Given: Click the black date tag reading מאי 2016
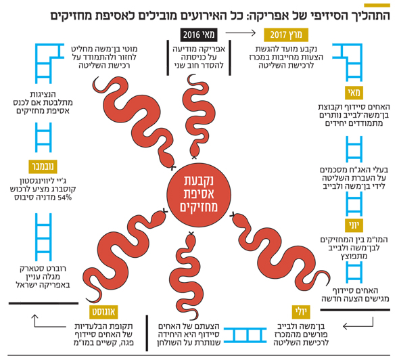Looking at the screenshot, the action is [x=199, y=35].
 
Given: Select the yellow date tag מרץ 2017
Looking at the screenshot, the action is [x=286, y=35].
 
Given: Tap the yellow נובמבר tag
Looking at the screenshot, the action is [x=43, y=166].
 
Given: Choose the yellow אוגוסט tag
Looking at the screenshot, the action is [x=103, y=312].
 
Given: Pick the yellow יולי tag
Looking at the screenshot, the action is [x=302, y=312].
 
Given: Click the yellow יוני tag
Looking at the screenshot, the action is [x=354, y=225].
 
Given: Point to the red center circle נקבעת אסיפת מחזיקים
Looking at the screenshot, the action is [x=199, y=195].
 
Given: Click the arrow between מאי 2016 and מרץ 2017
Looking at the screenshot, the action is [x=240, y=33].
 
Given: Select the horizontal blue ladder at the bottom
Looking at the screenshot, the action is [x=245, y=335].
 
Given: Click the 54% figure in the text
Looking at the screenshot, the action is [x=64, y=198].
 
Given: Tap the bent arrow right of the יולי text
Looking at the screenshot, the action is [x=358, y=323].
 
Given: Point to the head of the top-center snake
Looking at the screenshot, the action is [x=195, y=151].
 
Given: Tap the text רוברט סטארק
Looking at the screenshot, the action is [x=43, y=269].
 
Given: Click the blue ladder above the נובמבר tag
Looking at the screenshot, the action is [x=43, y=137].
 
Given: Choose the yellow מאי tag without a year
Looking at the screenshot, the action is [x=354, y=93].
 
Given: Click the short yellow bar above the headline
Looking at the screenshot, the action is [x=377, y=5].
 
